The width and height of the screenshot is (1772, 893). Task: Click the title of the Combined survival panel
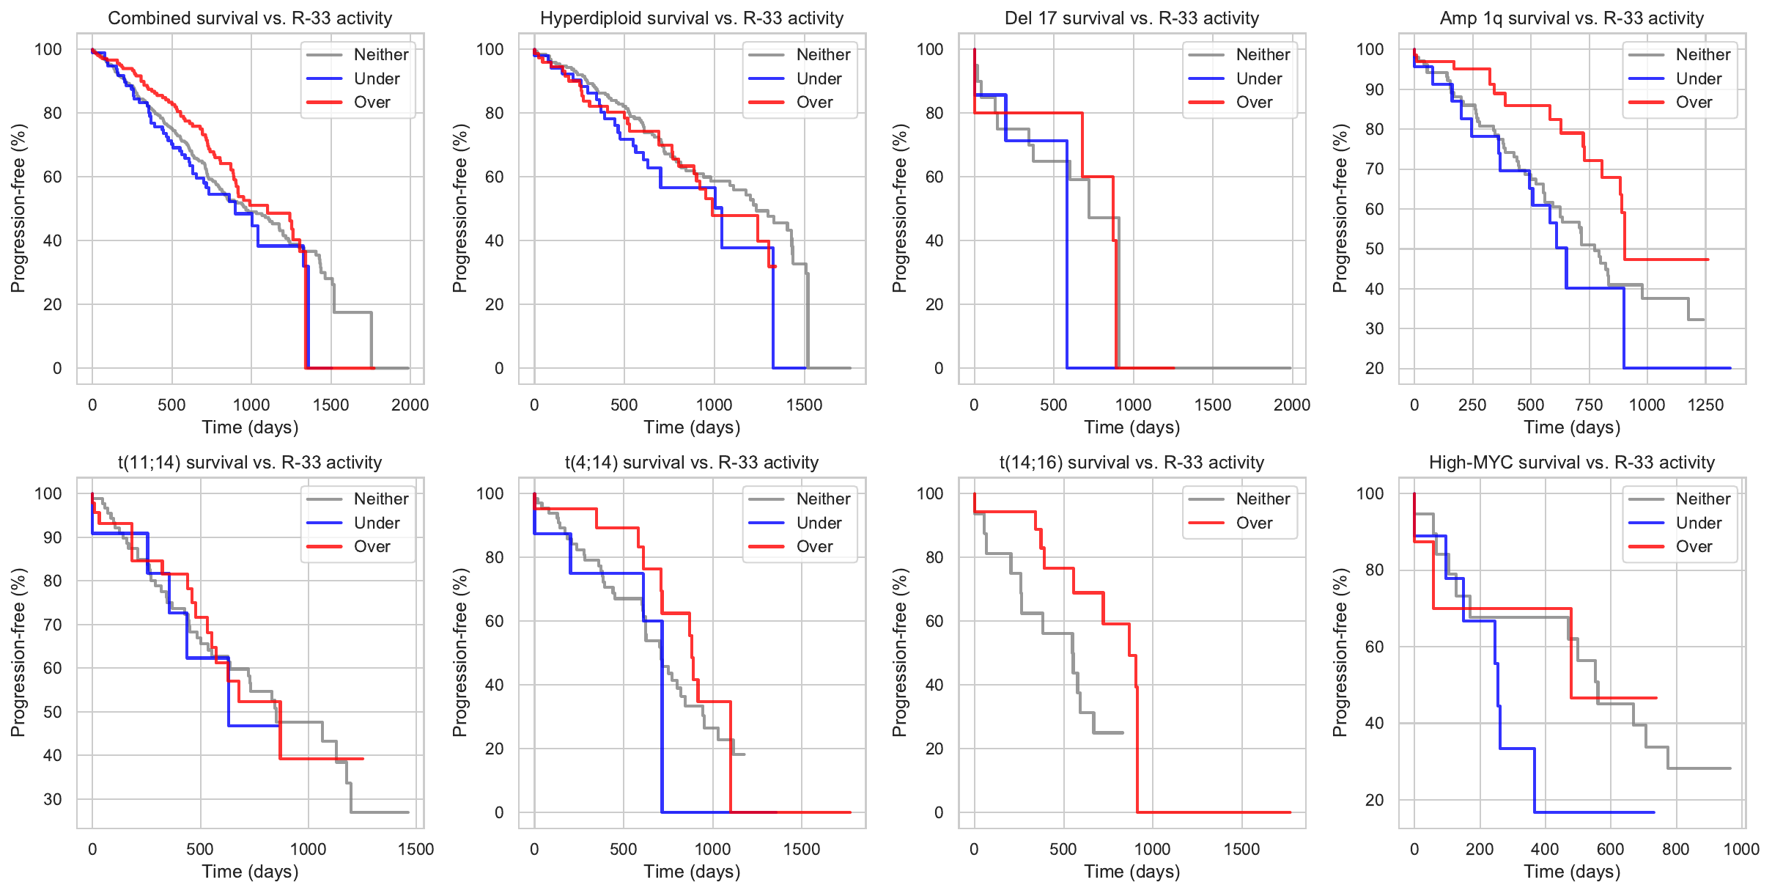[x=250, y=18]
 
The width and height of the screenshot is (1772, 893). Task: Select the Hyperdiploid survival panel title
[x=692, y=18]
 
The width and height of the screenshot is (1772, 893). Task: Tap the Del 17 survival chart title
[x=1132, y=18]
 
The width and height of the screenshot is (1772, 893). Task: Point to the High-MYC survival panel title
[x=1572, y=463]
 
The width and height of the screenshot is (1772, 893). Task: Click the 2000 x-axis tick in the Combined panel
[x=410, y=405]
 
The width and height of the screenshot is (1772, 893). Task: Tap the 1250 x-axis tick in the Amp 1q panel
[x=1705, y=405]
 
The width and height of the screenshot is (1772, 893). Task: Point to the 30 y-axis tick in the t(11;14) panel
[x=53, y=799]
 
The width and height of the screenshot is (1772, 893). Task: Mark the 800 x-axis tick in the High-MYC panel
[x=1676, y=850]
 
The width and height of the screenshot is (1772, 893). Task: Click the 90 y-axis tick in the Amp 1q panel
[x=1370, y=90]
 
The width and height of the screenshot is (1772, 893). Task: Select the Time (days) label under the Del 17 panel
[x=1132, y=427]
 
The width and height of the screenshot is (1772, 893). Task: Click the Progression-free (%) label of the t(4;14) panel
[x=459, y=653]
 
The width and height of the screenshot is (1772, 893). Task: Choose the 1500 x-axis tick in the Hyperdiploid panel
[x=804, y=405]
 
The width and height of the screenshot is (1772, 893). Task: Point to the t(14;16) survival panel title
[x=1132, y=463]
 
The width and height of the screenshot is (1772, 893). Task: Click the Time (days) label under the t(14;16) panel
[x=1132, y=872]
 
